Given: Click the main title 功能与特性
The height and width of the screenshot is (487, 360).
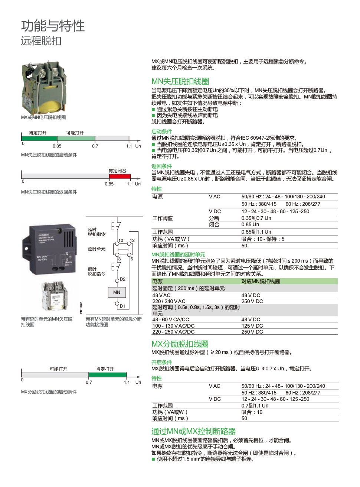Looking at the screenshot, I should point(53,26).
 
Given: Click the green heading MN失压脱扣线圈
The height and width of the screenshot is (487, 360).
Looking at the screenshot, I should point(180,81).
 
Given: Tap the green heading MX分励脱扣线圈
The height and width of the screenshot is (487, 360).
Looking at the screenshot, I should point(180,344).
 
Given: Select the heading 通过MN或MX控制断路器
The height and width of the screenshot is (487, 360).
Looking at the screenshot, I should point(193,431).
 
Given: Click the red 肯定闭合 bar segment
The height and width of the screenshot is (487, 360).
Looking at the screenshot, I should point(120,176).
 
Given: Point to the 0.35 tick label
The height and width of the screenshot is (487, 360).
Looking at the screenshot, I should point(57,146).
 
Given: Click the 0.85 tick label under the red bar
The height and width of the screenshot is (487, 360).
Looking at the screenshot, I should point(109,184).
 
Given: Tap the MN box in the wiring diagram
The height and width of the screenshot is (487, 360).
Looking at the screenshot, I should point(117,292).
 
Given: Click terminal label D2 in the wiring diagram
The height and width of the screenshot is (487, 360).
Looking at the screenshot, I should point(122,279).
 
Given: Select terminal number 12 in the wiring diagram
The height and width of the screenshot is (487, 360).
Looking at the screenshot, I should point(132,240).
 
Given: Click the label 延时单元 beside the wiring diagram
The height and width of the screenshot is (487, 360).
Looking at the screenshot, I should point(96,249).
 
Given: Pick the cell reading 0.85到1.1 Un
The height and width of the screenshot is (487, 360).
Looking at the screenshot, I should point(256,232).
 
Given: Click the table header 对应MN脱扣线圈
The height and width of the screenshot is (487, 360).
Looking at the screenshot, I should point(261,281).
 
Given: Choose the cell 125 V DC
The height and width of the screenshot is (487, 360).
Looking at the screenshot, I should point(252,326).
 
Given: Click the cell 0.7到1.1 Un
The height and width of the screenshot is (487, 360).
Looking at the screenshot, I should point(255,406).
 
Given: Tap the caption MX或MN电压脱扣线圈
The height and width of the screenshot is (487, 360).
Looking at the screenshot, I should point(43,117).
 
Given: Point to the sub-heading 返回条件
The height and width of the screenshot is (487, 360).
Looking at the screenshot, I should point(161,166).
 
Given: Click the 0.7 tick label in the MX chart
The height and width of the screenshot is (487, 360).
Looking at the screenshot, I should point(89,382).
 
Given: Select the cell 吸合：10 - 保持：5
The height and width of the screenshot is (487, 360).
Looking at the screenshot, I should point(263,239).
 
